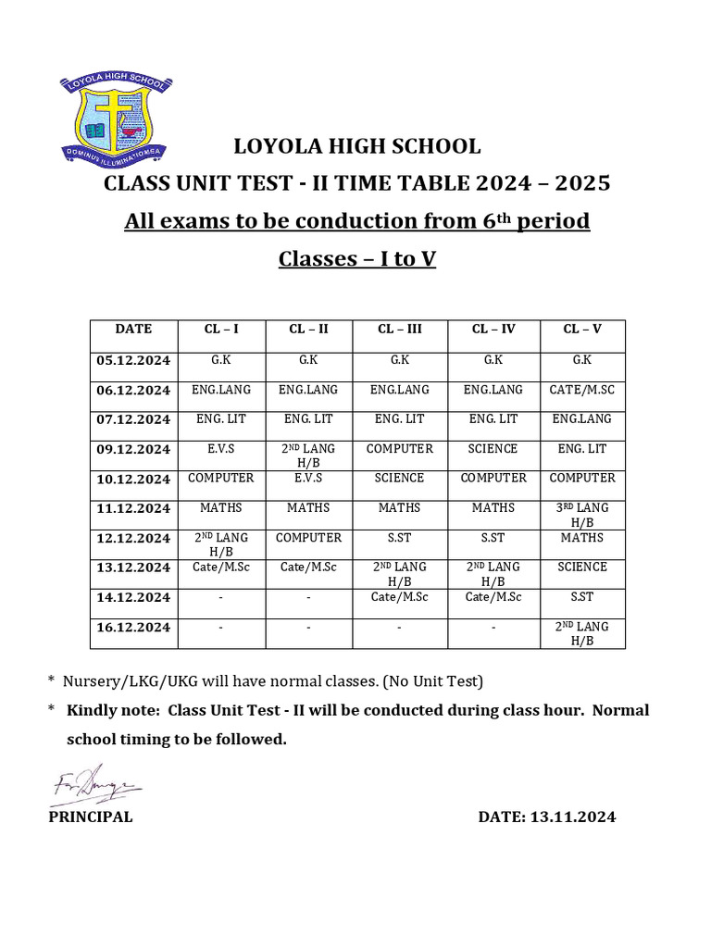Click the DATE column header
133,329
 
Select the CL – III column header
400,329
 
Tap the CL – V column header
582,329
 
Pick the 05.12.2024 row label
133,361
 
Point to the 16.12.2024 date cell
133,628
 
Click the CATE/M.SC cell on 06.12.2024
582,390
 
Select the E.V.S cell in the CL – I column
221,449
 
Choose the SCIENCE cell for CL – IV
493,449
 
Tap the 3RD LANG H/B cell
582,515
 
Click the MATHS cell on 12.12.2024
582,538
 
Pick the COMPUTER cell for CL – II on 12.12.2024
309,538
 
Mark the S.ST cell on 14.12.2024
582,597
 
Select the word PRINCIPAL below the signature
91,817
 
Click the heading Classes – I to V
356,258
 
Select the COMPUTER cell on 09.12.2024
400,449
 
